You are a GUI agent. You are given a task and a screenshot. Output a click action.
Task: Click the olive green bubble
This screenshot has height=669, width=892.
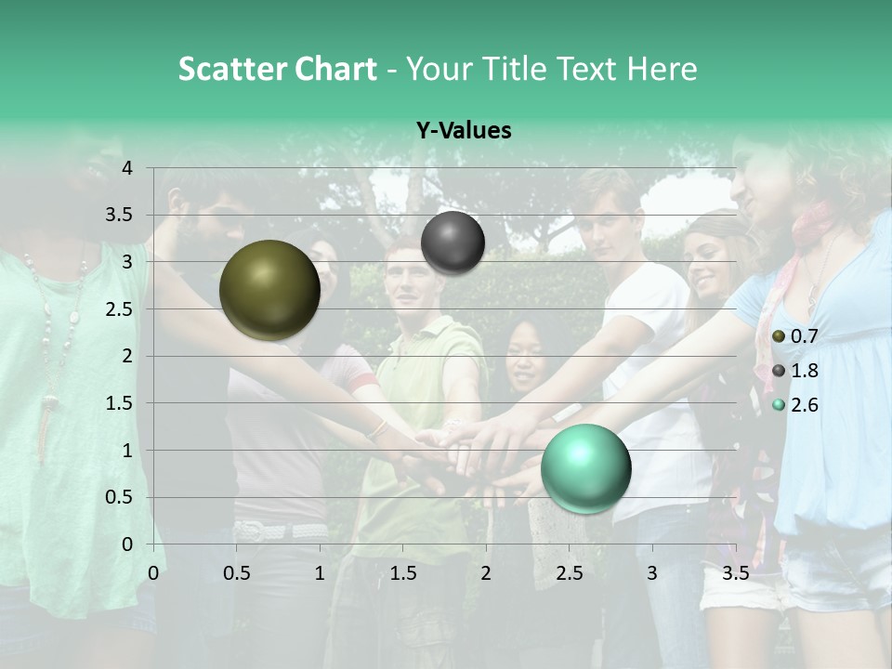269,290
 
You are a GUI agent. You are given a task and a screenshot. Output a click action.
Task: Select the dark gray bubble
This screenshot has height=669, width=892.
453,243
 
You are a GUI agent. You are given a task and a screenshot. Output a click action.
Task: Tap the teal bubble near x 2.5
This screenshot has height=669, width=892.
585,468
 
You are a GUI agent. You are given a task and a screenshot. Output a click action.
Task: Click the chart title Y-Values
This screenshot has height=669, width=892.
463,131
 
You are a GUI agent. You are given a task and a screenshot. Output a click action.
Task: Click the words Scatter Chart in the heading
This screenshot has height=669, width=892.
277,69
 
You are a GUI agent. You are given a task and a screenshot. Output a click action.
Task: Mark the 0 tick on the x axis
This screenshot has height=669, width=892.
153,573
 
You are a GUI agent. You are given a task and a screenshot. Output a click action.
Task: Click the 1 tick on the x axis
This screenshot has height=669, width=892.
320,573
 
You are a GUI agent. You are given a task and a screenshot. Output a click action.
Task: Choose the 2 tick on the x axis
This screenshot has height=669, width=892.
486,573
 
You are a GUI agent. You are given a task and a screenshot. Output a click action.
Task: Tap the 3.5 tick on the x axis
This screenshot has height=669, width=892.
736,573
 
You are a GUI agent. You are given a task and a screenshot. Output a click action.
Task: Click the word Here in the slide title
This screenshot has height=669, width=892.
662,69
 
